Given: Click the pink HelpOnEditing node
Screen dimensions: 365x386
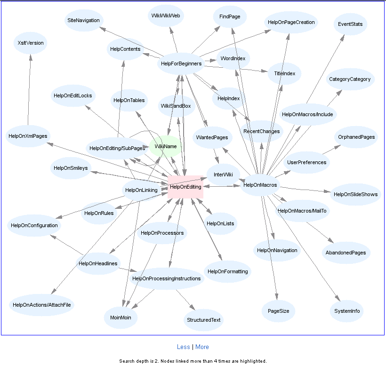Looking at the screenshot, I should click(x=185, y=187).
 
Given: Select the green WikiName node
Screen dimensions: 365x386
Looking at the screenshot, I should click(x=165, y=147).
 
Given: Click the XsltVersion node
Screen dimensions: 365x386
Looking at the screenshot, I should click(x=31, y=43).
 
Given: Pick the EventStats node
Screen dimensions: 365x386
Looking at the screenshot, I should click(x=350, y=24).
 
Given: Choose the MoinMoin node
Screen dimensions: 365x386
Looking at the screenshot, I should click(x=121, y=317).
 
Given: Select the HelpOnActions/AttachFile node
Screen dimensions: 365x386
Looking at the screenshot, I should click(x=42, y=305).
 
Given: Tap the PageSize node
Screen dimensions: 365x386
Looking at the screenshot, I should click(x=278, y=311).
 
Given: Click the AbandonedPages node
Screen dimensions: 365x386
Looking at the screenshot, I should click(x=346, y=253).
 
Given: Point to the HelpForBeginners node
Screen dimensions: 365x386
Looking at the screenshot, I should click(x=181, y=63).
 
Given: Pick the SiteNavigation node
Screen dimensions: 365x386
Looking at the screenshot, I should click(x=83, y=21).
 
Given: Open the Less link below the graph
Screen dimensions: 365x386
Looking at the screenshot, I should click(x=183, y=347).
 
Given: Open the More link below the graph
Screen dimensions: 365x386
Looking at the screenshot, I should click(x=202, y=347).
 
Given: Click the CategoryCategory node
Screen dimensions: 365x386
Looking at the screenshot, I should click(x=350, y=79).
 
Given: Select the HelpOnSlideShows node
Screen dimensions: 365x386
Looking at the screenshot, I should click(x=355, y=194).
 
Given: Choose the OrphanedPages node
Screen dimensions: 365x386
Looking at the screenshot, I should click(x=356, y=137).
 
